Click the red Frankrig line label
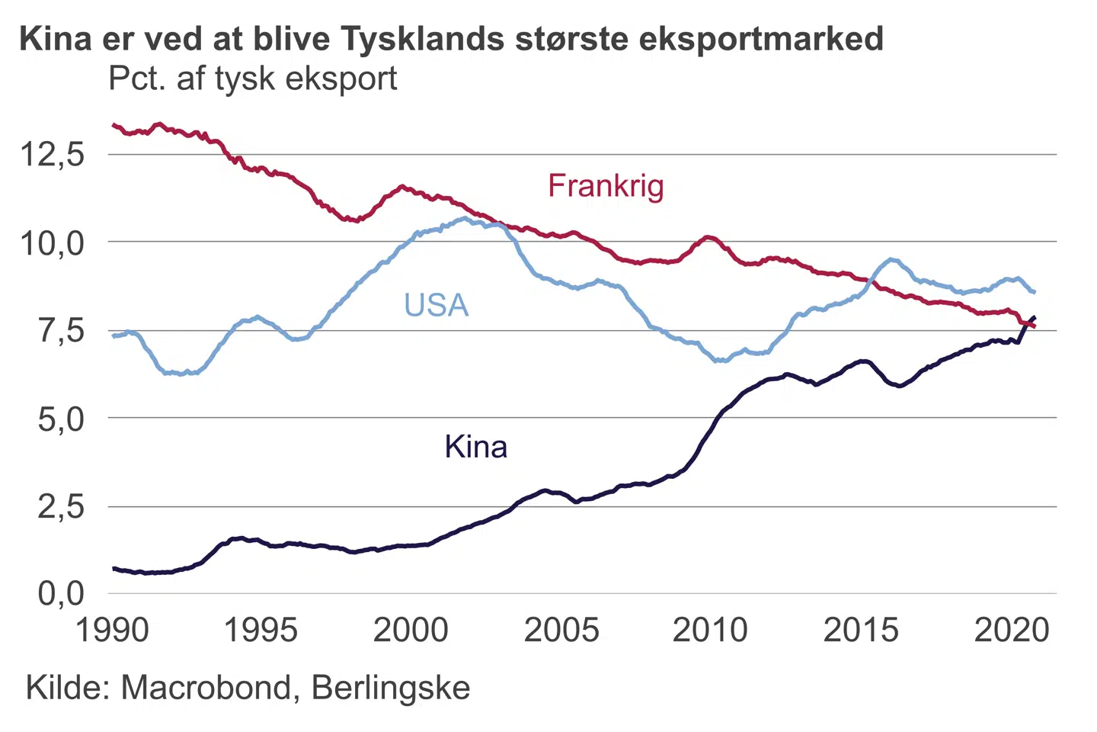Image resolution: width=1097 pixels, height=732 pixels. coord(606,186)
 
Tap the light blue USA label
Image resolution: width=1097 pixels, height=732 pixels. coord(436,305)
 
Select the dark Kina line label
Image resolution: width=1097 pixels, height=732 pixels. coord(475,447)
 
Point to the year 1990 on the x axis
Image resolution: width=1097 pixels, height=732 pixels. coord(112,631)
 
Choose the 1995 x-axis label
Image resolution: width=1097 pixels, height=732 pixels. coord(261,631)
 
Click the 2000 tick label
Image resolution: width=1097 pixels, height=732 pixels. coord(411,631)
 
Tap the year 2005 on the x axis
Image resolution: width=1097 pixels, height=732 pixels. coord(561,631)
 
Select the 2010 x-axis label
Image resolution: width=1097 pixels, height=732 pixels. coord(710,631)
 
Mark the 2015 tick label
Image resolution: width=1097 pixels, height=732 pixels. coord(861,631)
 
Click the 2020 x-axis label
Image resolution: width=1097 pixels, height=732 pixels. coord(1012,631)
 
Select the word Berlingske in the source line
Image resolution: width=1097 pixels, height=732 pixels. coord(391,688)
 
